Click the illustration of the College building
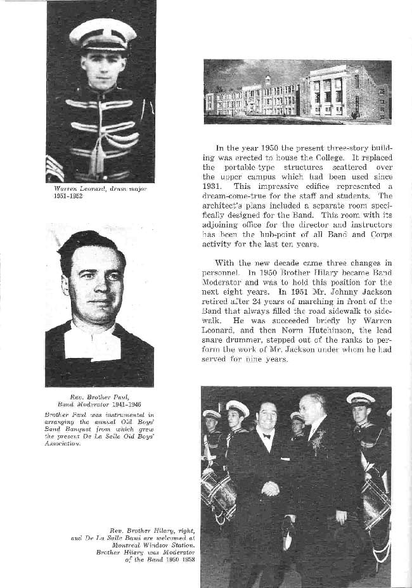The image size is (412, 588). pyautogui.click(x=297, y=92)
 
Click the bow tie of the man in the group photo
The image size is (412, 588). pyautogui.click(x=266, y=435)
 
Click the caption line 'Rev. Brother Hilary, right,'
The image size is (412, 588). pyautogui.click(x=151, y=530)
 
